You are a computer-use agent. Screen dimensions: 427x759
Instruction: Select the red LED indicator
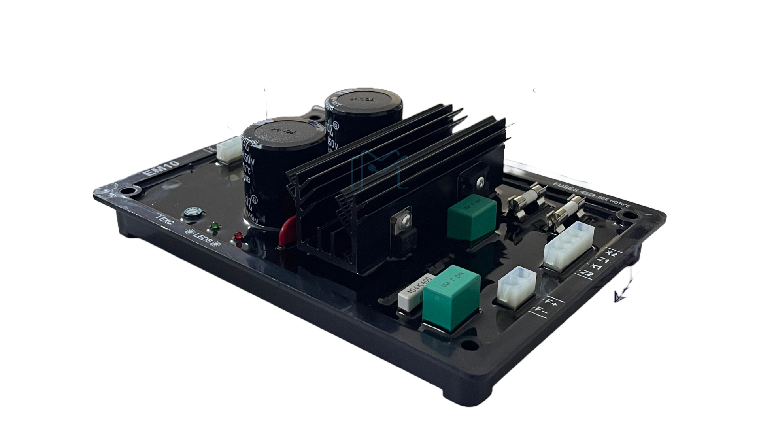pos(238,235)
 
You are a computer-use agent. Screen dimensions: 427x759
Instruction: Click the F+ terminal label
pos(551,303)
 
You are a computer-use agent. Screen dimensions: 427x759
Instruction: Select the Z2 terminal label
pos(588,274)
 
